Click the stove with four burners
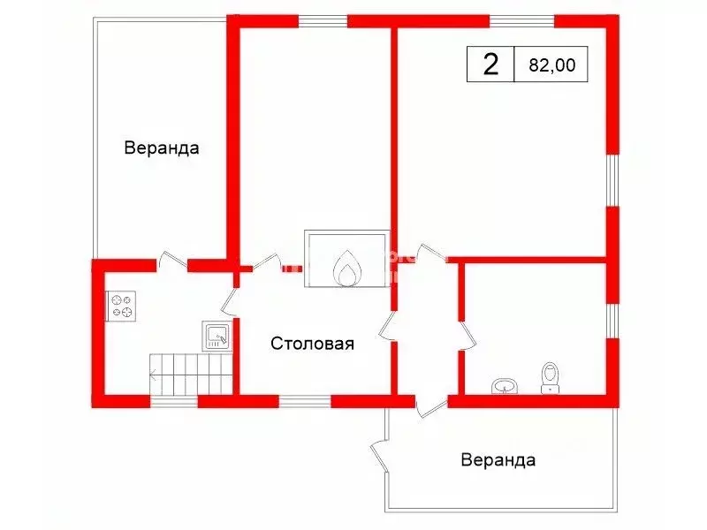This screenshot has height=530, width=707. pos(120,306)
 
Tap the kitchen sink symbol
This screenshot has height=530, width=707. pos(217,336)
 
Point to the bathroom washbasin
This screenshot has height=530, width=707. pos(505,386)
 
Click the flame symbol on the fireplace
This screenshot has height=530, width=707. pos(347,269)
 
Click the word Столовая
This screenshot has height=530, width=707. pos(312,344)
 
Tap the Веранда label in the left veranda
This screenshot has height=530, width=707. pos(162,148)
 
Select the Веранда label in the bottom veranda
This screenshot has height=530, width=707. pos(498,460)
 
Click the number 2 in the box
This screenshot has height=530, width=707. pos(490,64)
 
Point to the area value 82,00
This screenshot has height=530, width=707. pos(551,64)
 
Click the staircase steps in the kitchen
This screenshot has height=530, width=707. pos(191,374)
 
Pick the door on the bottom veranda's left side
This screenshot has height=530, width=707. pos(379,456)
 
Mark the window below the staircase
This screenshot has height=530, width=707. pos(173,401)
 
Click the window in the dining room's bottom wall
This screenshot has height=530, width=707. pos(305,401)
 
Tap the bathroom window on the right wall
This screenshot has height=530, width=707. pos(612,321)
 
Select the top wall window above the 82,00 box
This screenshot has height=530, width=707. pos(521,21)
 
